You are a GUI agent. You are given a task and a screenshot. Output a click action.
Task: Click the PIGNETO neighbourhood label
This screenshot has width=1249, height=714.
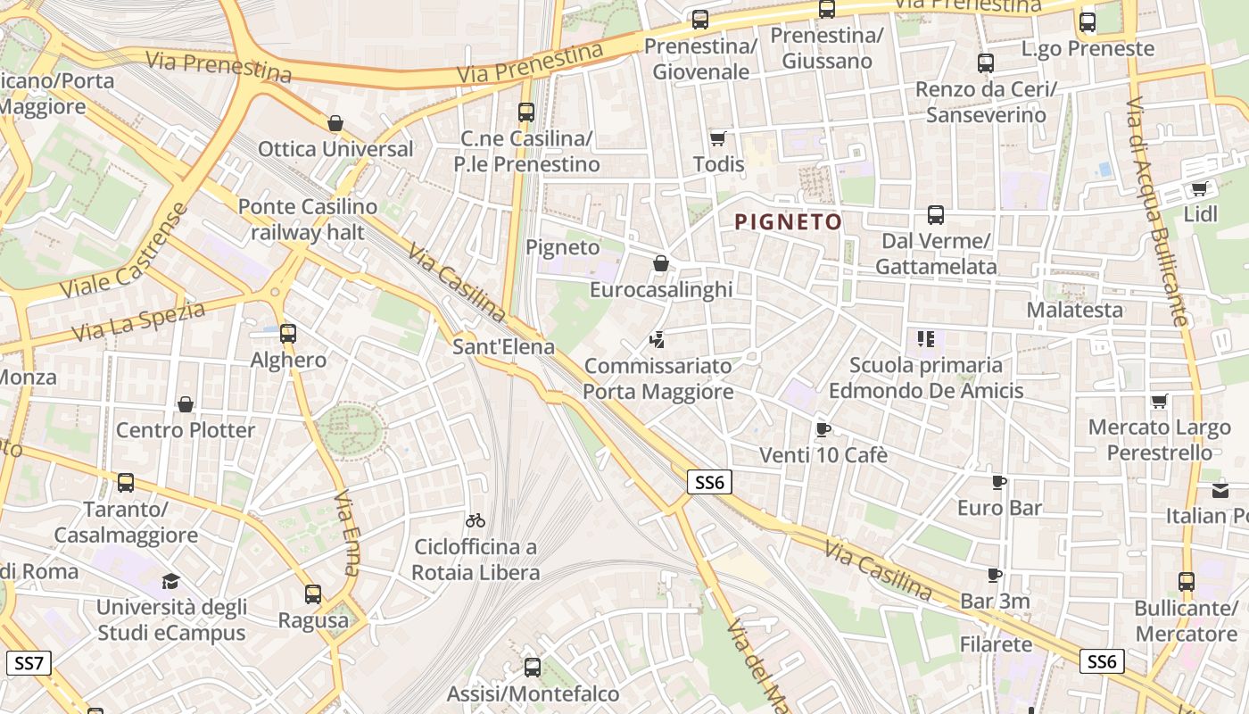pyautogui.click(x=788, y=222)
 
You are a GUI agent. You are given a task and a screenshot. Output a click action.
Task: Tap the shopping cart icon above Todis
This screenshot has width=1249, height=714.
pyautogui.click(x=717, y=138)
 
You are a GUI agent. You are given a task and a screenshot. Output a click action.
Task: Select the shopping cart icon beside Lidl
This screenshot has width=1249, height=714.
pyautogui.click(x=1199, y=188)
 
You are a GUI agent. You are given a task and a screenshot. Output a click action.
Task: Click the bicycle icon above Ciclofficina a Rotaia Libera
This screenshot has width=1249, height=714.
pyautogui.click(x=476, y=519)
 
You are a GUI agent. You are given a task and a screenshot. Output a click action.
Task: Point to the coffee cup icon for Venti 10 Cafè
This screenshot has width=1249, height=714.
pyautogui.click(x=823, y=429)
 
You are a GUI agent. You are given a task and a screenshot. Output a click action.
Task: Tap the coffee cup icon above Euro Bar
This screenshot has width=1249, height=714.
pyautogui.click(x=999, y=483)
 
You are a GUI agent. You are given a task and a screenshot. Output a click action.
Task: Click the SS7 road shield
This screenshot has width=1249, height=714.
pyautogui.click(x=29, y=663)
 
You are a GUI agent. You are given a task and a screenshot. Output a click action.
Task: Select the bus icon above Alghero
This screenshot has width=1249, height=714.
pyautogui.click(x=287, y=334)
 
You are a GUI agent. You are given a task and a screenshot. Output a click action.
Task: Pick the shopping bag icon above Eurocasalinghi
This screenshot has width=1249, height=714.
pyautogui.click(x=660, y=263)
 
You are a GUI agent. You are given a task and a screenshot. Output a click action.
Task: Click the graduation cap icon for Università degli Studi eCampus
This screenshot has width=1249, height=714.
pyautogui.click(x=170, y=582)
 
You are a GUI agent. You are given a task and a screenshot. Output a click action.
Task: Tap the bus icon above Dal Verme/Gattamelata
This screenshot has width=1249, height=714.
pyautogui.click(x=935, y=215)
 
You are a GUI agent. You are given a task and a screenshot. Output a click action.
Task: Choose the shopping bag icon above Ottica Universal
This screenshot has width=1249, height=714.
pyautogui.click(x=335, y=123)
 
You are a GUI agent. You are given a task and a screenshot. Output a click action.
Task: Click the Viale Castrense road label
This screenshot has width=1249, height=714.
pyautogui.click(x=125, y=252)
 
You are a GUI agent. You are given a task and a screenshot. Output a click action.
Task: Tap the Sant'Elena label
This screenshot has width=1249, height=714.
pyautogui.click(x=503, y=346)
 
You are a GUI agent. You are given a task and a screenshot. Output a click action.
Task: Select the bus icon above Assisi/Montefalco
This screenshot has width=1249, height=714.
pyautogui.click(x=533, y=667)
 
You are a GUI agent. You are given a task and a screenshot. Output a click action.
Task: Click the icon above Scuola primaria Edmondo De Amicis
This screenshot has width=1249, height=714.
pyautogui.click(x=925, y=339)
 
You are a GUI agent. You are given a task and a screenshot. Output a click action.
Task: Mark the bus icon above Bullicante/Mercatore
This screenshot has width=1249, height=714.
pyautogui.click(x=1186, y=582)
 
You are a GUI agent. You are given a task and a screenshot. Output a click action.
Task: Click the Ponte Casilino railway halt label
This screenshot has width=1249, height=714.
pyautogui.click(x=308, y=220)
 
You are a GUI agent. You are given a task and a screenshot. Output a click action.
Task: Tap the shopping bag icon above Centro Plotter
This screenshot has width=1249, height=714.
pyautogui.click(x=186, y=404)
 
